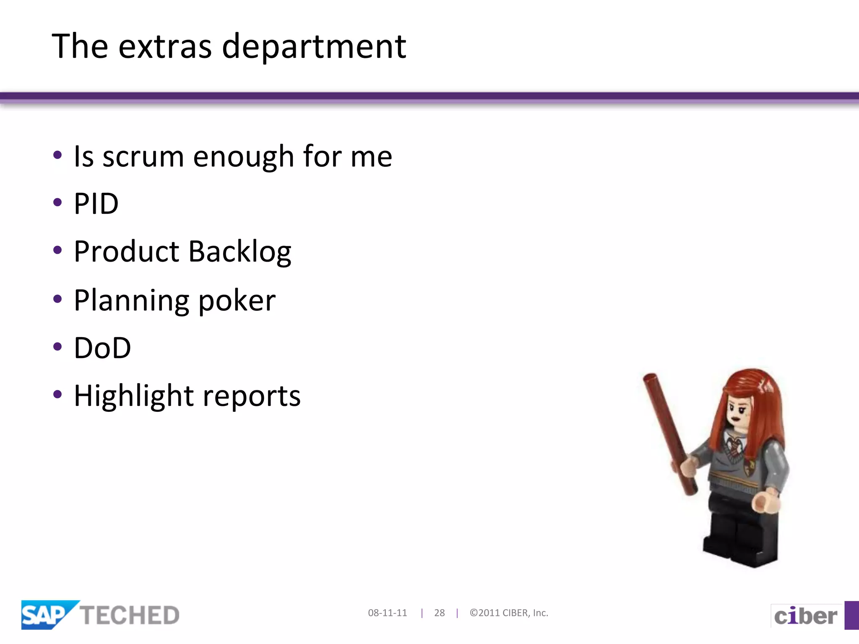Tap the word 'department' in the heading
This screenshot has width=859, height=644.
[x=314, y=47]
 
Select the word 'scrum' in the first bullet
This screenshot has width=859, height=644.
[x=143, y=156]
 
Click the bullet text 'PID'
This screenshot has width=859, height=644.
[x=96, y=204]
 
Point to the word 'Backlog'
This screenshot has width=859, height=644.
[x=239, y=252]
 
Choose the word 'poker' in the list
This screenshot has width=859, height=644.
[x=237, y=301]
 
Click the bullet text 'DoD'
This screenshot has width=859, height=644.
[x=102, y=348]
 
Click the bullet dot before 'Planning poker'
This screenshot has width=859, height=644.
[x=57, y=299]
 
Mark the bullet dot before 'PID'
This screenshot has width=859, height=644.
[x=57, y=203]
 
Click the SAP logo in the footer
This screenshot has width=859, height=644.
[x=46, y=615]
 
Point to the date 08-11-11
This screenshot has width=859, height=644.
[x=388, y=613]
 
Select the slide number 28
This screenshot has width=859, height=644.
[x=439, y=613]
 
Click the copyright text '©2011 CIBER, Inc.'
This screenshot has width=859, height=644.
[x=509, y=613]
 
